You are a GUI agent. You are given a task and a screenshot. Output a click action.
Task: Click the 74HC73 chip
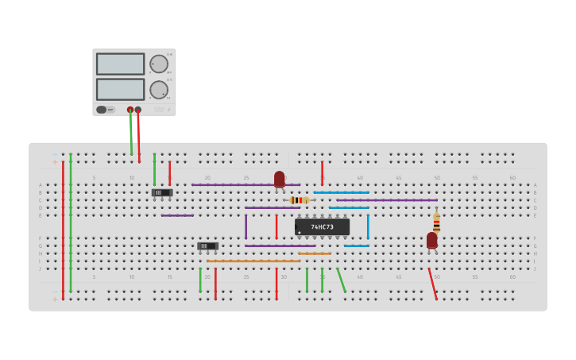coord(322,226)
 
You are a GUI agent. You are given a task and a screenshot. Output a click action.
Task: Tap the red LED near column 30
coord(279,179)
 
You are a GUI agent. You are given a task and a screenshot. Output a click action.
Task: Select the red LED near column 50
coord(431,239)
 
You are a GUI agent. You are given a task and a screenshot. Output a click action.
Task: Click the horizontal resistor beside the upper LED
coord(299,200)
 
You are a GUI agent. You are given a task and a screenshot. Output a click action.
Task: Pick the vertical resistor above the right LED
coord(436,222)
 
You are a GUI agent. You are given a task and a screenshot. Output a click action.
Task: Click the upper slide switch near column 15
coord(161,192)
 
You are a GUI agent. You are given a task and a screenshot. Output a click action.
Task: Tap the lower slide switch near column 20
coord(207,246)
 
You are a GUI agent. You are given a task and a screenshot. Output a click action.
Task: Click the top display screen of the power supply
coord(120,64)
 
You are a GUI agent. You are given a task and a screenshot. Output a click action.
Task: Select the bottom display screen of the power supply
coord(120,88)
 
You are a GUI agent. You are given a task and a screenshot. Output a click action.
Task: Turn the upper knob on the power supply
coord(159,64)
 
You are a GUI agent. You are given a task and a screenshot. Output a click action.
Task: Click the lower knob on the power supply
coord(159,89)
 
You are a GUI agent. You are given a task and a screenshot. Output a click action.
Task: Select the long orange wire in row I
coord(253,261)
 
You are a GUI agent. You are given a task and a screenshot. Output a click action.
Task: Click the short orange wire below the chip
coord(314,254)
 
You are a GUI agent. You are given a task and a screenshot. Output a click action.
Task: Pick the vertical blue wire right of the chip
coord(368,226)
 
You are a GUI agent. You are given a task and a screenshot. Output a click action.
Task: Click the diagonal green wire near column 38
coord(341,280)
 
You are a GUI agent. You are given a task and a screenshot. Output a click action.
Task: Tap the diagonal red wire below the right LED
coord(432,284)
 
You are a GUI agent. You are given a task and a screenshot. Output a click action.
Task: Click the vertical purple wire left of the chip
coord(245,226)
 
